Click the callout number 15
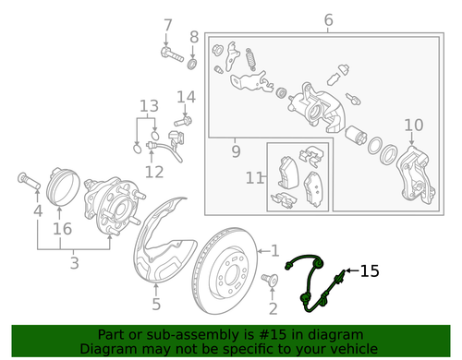click(x=370, y=271)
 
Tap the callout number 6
click(x=327, y=20)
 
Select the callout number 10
click(x=413, y=125)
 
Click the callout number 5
click(x=156, y=304)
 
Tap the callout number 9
click(x=235, y=150)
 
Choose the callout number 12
click(x=153, y=171)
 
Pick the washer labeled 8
click(x=191, y=65)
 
